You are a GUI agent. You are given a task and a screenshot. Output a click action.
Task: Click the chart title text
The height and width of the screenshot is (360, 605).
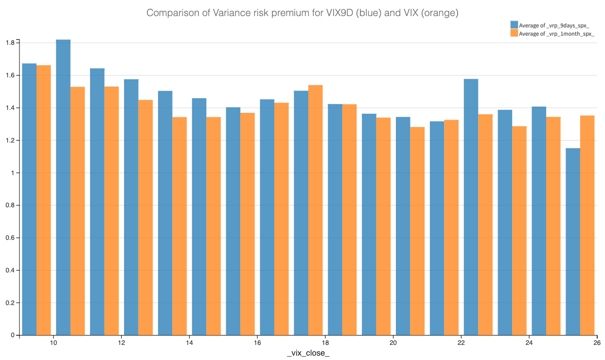pos(302,13)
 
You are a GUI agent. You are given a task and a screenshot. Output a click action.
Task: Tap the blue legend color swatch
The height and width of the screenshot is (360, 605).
pos(514,25)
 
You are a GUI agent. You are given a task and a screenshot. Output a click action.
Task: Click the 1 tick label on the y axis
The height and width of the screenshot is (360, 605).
pos(15,173)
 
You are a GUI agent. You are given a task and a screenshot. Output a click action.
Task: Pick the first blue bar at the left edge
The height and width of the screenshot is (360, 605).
pos(29,199)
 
